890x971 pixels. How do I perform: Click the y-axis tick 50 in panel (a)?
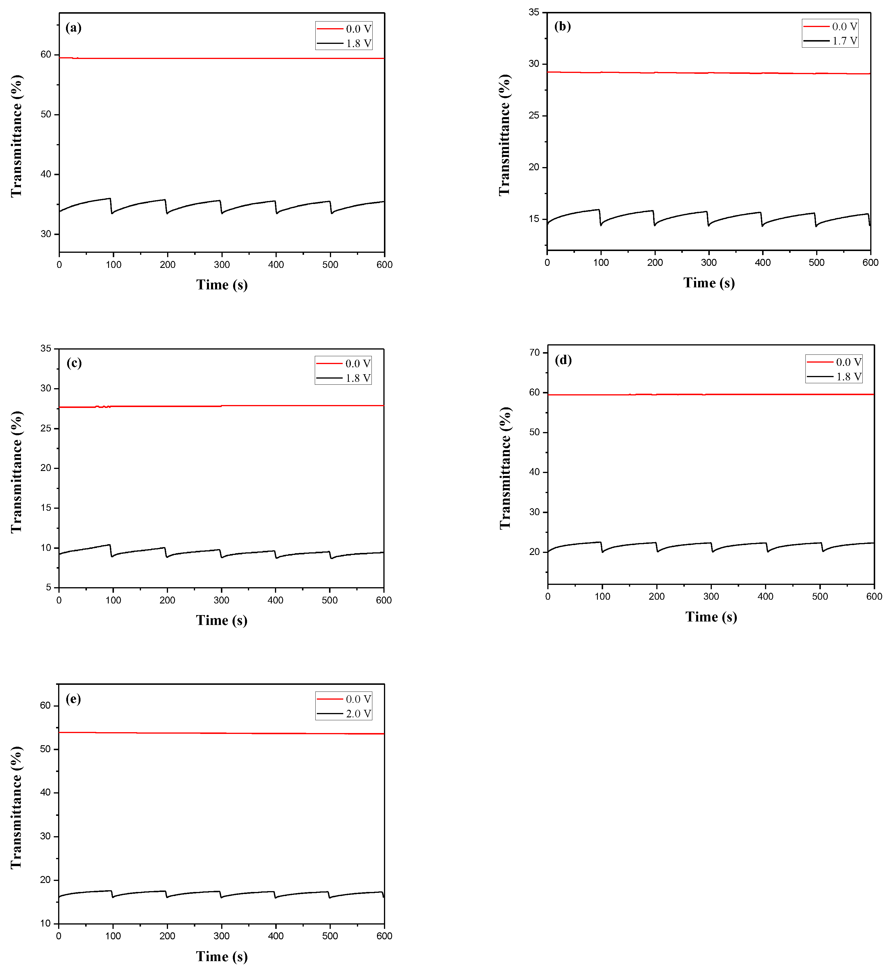(46, 115)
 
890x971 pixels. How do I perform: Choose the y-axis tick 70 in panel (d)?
(535, 352)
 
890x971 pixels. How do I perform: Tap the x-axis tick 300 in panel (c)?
(222, 601)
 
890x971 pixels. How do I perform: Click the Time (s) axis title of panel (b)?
(709, 283)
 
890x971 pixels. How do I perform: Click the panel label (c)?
(74, 363)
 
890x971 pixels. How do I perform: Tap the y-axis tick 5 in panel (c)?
(49, 587)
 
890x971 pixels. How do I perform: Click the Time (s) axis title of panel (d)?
(711, 617)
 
